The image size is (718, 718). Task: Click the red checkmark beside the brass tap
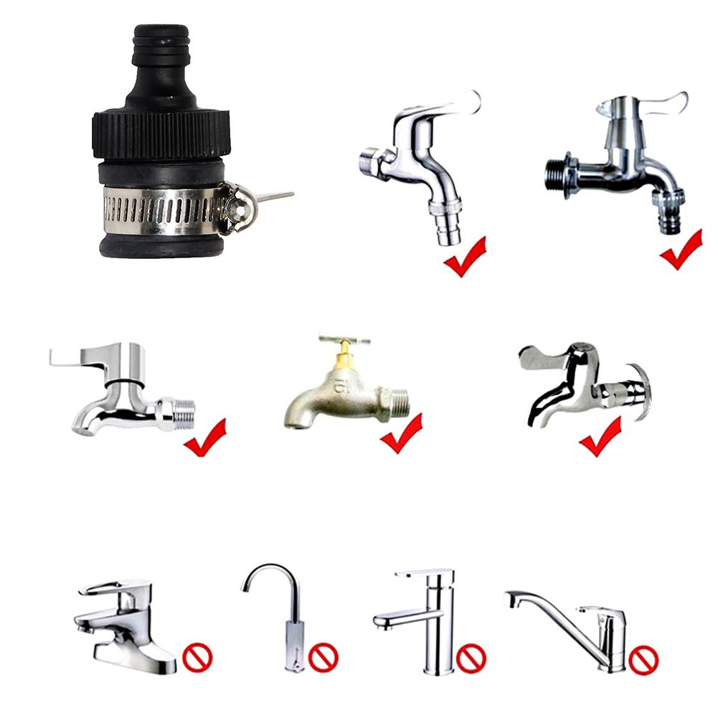(400, 435)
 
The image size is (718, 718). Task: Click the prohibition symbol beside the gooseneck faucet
(323, 656)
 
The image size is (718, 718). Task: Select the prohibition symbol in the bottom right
(643, 658)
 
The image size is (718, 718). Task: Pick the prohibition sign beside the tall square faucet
(471, 658)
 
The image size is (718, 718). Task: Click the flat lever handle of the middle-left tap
(79, 356)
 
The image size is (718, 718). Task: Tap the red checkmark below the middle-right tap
(600, 437)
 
